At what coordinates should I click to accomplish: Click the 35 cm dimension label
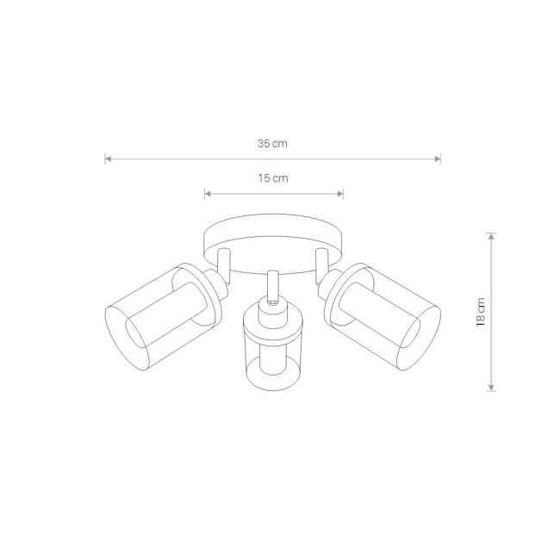272,144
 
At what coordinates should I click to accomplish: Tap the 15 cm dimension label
273,178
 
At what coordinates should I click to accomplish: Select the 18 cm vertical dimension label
481,312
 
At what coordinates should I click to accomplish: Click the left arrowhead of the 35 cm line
108,159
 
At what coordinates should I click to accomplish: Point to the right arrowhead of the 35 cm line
438,159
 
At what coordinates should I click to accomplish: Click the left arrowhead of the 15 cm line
208,194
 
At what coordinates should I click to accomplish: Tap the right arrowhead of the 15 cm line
340,194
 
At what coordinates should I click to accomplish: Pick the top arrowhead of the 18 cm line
491,236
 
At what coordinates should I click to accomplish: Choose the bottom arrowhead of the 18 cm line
491,388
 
